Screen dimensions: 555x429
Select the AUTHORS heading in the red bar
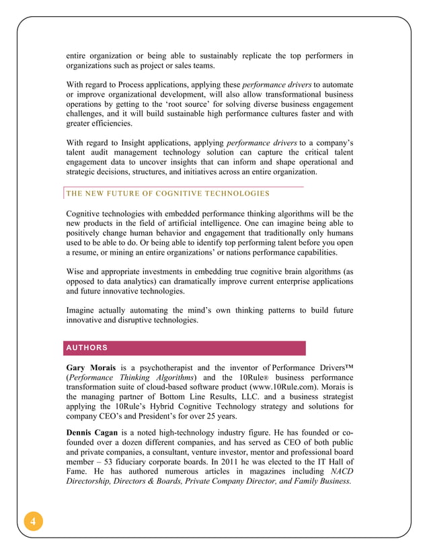click(87, 347)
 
